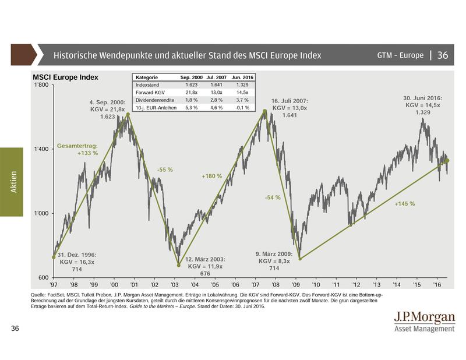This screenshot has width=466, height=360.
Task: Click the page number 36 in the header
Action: click(x=442, y=55)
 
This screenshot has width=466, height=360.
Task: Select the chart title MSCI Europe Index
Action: click(x=65, y=77)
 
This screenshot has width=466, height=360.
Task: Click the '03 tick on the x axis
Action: click(x=175, y=285)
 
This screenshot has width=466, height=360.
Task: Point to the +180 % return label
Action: click(x=211, y=175)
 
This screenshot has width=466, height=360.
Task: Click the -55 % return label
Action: click(x=165, y=170)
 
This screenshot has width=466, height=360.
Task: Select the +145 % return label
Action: click(x=404, y=204)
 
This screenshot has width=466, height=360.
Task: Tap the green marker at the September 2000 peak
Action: click(x=128, y=114)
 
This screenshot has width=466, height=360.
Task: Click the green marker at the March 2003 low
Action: click(x=178, y=265)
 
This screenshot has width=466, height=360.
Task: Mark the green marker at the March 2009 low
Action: click(x=299, y=259)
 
